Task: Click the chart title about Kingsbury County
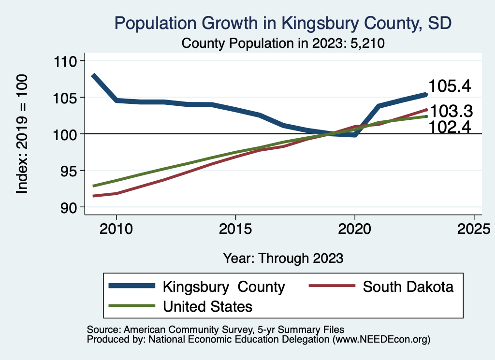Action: coord(283,23)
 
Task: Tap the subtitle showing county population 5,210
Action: coord(283,43)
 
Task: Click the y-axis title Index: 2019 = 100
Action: coord(22,134)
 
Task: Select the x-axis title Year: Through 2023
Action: coord(283,258)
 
